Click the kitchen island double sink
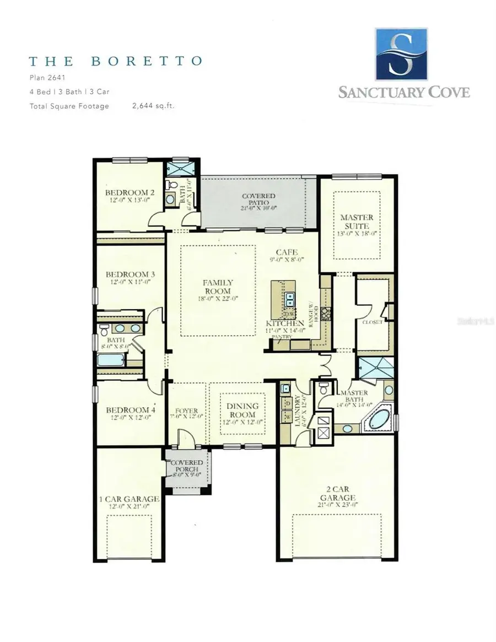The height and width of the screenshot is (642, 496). pyautogui.click(x=290, y=299)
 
